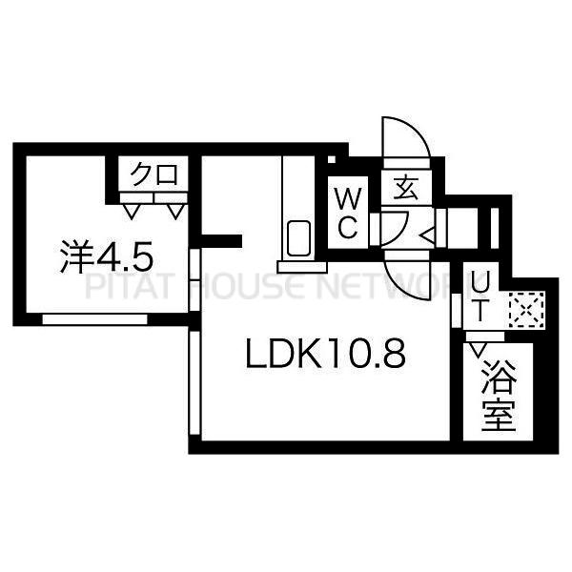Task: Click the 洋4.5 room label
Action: pyautogui.click(x=106, y=256)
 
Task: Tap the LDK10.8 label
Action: pyautogui.click(x=326, y=354)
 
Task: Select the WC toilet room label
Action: pyautogui.click(x=348, y=213)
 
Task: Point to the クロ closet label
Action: pyautogui.click(x=154, y=174)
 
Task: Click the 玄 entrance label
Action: pyautogui.click(x=406, y=187)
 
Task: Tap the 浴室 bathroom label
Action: pyautogui.click(x=499, y=396)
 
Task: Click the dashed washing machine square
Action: pyautogui.click(x=526, y=310)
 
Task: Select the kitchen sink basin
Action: pyautogui.click(x=298, y=238)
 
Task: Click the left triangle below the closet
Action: pyautogui.click(x=132, y=212)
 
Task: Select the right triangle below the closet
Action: pyautogui.click(x=175, y=212)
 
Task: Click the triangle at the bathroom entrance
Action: pyautogui.click(x=478, y=349)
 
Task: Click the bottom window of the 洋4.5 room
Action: pyautogui.click(x=94, y=319)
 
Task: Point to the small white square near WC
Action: pyautogui.click(x=331, y=159)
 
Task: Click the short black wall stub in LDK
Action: pyautogui.click(x=222, y=241)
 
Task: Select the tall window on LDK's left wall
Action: pyautogui.click(x=194, y=382)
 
